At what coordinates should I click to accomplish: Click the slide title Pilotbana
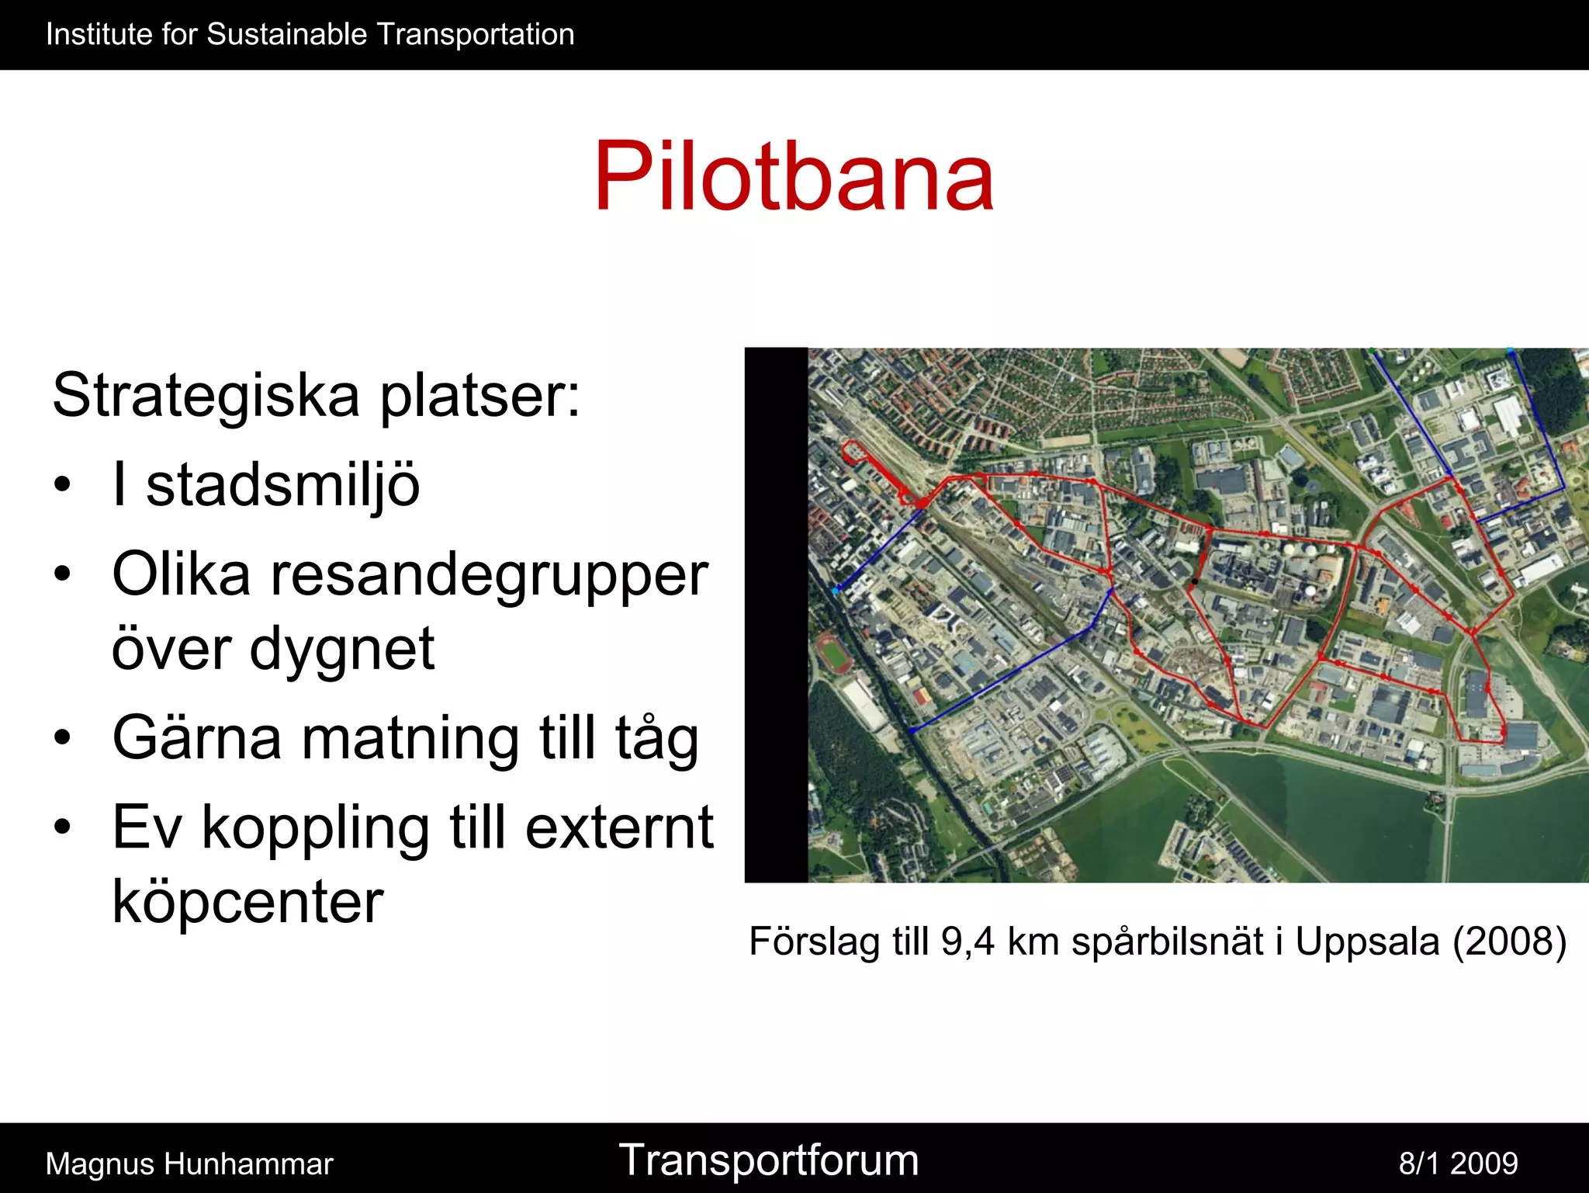pos(794,176)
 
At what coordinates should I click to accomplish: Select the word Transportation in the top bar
pos(476,35)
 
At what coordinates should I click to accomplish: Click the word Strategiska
pos(206,395)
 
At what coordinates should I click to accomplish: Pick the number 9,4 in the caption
pos(968,942)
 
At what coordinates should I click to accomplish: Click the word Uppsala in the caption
pos(1367,942)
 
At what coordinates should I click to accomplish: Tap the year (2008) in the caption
pos(1509,942)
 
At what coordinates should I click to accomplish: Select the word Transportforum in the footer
pos(768,1161)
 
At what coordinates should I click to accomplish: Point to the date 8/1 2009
pos(1458,1164)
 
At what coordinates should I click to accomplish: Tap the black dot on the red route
pos(1195,581)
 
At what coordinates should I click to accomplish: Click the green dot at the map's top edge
pos(1372,351)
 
